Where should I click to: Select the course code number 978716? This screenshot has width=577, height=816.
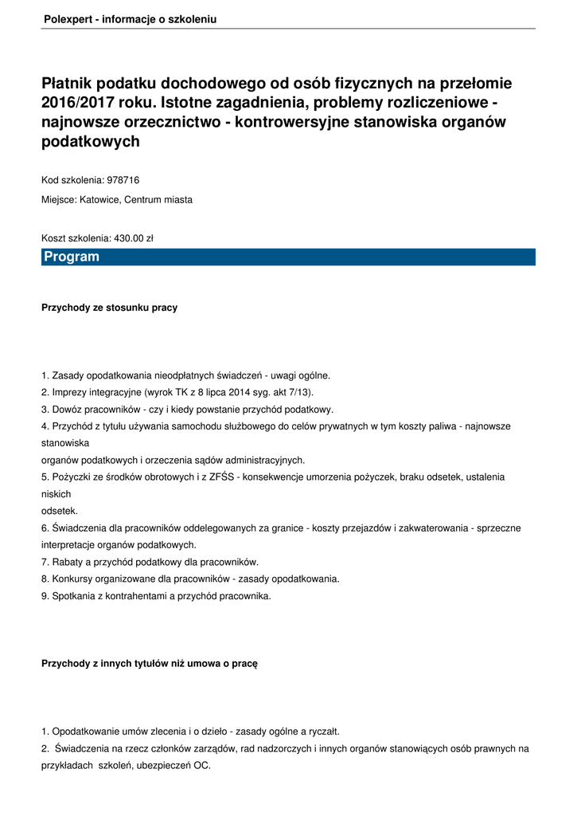pos(128,180)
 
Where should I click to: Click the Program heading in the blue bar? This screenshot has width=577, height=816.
pos(72,257)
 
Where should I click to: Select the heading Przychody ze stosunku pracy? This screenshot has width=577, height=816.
pos(109,308)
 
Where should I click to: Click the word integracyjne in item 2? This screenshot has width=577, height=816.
pos(118,392)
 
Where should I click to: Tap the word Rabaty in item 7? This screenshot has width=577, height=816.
pos(68,562)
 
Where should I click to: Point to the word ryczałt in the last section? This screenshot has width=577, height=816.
pos(322,731)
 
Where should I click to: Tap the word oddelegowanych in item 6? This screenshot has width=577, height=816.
pos(205,528)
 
